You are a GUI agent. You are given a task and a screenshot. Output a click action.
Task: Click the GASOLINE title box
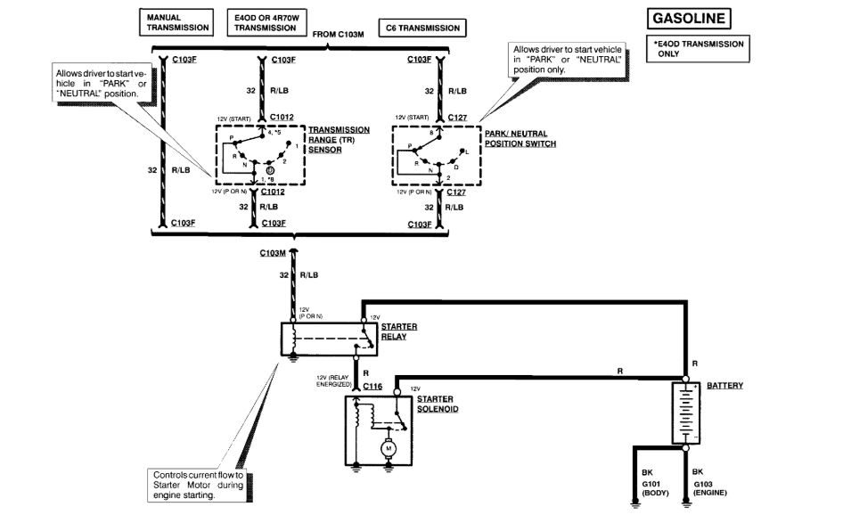(x=689, y=18)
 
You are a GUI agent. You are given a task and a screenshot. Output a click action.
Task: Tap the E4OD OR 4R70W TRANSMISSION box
(x=264, y=22)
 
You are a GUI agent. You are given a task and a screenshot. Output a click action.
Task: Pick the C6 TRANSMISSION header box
(x=421, y=28)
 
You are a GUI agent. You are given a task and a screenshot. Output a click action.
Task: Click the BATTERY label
(x=725, y=386)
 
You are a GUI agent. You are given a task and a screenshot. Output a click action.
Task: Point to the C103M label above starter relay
(x=272, y=253)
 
